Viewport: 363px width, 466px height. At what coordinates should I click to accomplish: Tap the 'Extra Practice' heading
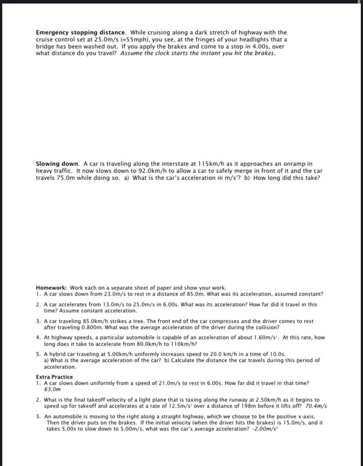point(54,377)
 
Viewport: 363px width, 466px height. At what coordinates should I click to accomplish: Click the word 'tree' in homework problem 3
point(139,322)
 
